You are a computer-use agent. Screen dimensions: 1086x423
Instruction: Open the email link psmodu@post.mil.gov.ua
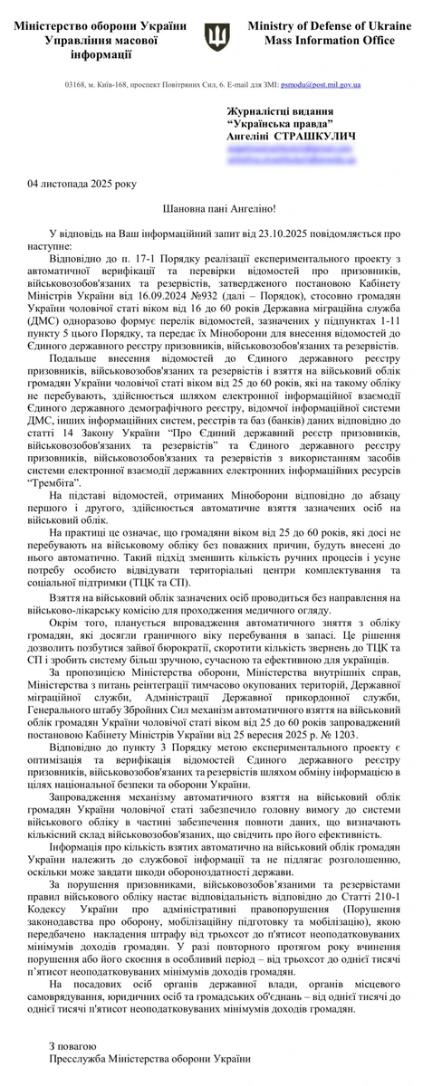(322, 85)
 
